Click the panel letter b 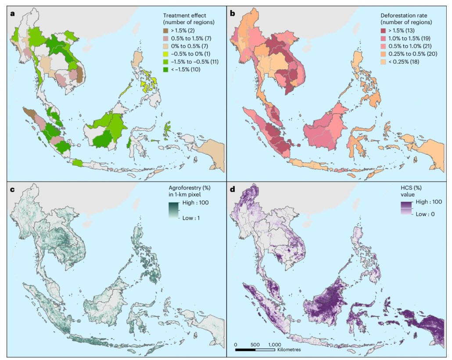click(233, 13)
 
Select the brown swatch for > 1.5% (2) click(166, 30)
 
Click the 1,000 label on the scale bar click(274, 344)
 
